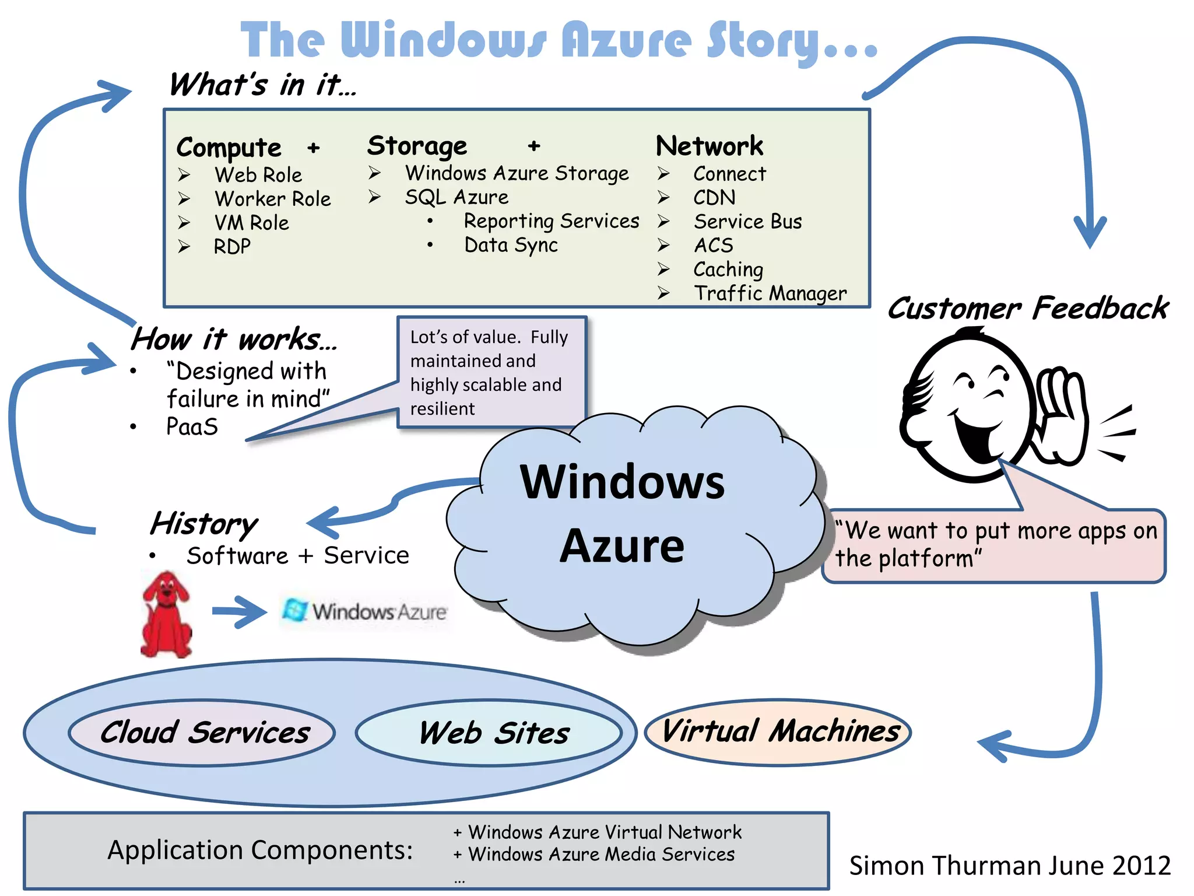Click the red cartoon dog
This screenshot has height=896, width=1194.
(166, 615)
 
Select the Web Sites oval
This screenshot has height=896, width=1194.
(489, 733)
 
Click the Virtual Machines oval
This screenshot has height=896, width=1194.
(778, 731)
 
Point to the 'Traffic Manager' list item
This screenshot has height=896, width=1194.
(770, 293)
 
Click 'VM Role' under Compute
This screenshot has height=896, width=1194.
(251, 223)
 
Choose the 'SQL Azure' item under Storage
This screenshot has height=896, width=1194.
(456, 197)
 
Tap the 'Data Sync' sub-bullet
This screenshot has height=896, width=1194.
(511, 245)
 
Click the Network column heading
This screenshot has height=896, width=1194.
(709, 146)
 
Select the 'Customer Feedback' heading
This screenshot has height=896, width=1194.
(1028, 308)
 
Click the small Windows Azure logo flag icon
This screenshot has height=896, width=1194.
(295, 610)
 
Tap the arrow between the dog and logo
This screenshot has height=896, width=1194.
(239, 611)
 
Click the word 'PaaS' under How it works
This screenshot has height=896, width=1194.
(192, 426)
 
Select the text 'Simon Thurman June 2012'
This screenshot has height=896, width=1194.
(1010, 865)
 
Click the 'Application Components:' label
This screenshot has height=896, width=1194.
(260, 850)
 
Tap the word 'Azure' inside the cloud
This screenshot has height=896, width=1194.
(622, 546)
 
